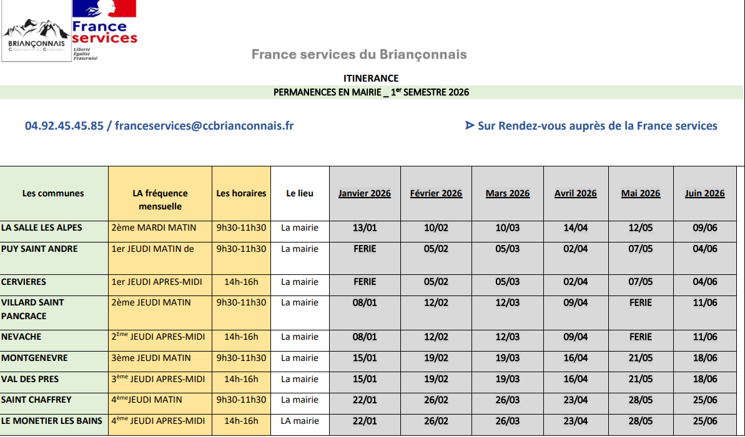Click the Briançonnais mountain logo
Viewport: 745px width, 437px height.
[x=36, y=37]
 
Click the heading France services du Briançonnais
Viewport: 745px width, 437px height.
[x=359, y=55]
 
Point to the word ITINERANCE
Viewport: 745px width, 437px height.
[x=371, y=79]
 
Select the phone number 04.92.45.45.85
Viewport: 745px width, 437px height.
[x=64, y=126]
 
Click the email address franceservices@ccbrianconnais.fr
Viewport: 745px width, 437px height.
[x=204, y=126]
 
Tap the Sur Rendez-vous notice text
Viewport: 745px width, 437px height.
[x=591, y=126]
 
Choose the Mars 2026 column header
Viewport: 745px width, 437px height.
[x=508, y=193]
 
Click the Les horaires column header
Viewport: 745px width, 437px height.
[x=241, y=193]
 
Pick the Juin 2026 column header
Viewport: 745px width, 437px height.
[x=704, y=193]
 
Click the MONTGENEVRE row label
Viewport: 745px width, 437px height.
[x=34, y=358]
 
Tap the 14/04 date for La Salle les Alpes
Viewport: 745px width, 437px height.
[x=576, y=228]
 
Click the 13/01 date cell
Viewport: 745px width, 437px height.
[x=365, y=228]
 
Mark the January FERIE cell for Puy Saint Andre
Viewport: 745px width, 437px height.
[x=365, y=249]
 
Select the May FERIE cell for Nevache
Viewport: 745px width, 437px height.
[x=641, y=337]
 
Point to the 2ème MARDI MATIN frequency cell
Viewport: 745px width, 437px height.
[x=154, y=228]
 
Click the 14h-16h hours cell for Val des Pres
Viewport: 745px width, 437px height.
[x=241, y=379]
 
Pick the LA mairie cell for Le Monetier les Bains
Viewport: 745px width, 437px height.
[x=300, y=421]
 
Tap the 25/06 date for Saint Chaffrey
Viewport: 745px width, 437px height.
[x=705, y=400]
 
